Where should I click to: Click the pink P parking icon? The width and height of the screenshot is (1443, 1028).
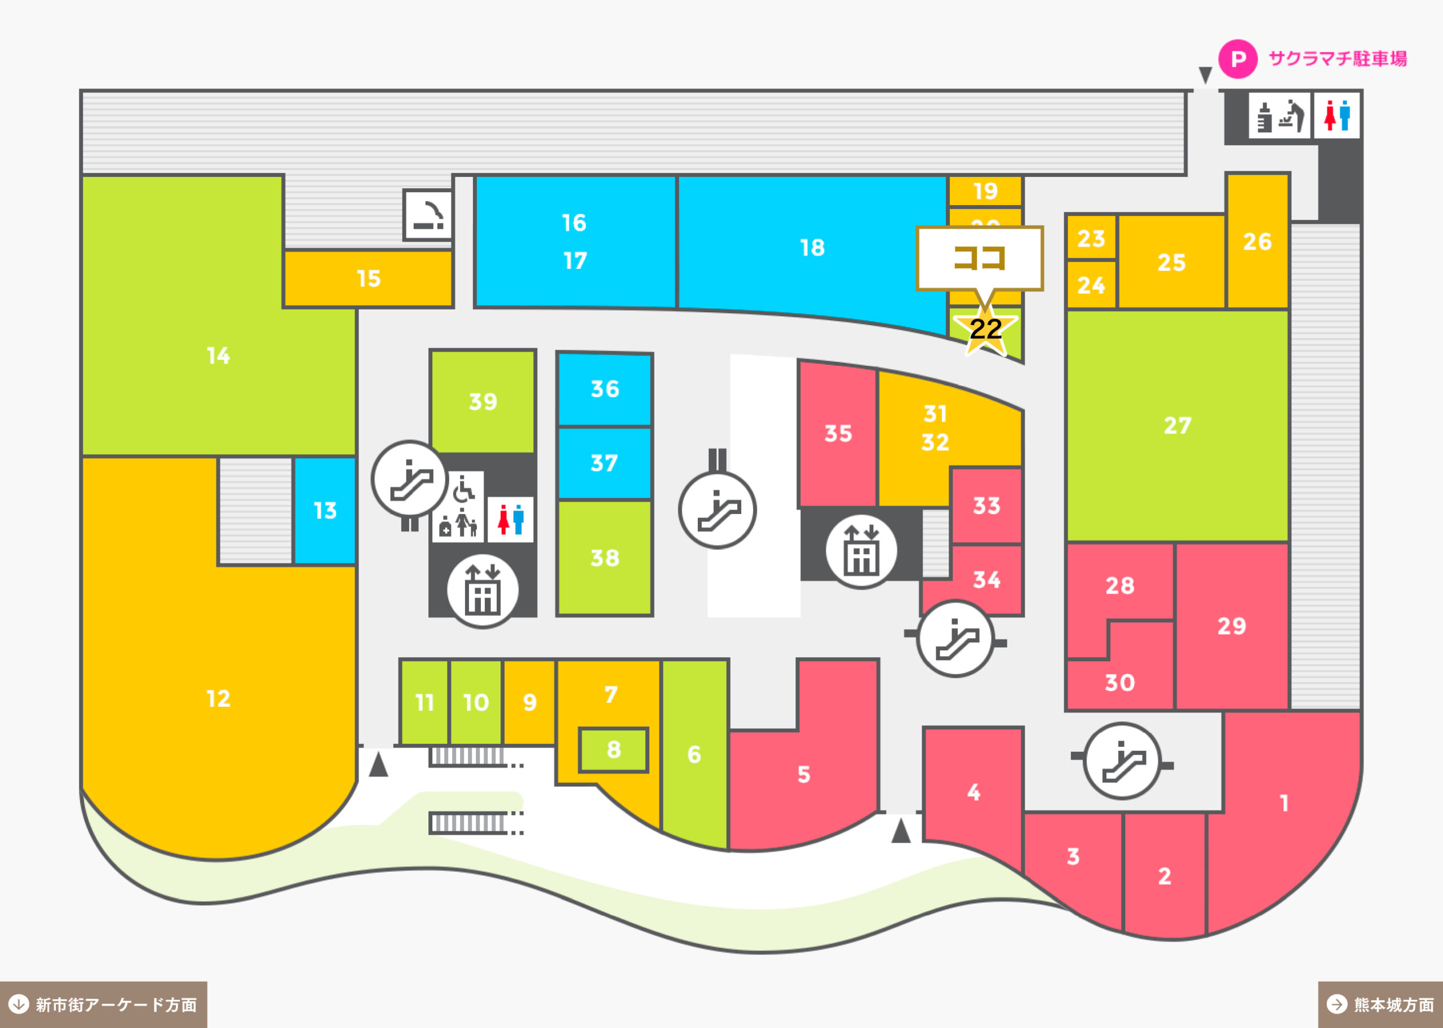pyautogui.click(x=1237, y=59)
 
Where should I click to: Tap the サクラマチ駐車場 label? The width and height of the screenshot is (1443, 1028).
pyautogui.click(x=1337, y=59)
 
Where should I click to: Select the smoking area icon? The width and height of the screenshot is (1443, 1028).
pyautogui.click(x=428, y=215)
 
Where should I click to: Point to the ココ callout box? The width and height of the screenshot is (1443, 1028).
pyautogui.click(x=979, y=258)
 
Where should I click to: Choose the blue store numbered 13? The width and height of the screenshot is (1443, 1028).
pyautogui.click(x=325, y=510)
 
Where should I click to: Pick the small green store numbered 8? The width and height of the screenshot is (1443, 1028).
pyautogui.click(x=613, y=750)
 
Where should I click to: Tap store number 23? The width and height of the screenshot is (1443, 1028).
pyautogui.click(x=1091, y=238)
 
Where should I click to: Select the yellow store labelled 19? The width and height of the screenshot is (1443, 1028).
pyautogui.click(x=985, y=191)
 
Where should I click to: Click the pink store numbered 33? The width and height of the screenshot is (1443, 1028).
pyautogui.click(x=986, y=506)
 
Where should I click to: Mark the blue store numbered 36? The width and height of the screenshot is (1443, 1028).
pyautogui.click(x=604, y=389)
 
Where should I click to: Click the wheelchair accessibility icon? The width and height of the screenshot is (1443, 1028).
pyautogui.click(x=464, y=489)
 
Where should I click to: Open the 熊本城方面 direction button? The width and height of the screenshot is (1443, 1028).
pyautogui.click(x=1380, y=1004)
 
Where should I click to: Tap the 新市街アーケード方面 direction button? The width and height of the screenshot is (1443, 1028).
pyautogui.click(x=103, y=1004)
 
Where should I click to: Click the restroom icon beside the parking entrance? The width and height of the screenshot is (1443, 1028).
pyautogui.click(x=1336, y=115)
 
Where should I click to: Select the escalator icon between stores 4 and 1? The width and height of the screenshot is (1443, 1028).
pyautogui.click(x=1122, y=761)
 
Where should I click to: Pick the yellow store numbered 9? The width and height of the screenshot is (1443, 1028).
pyautogui.click(x=529, y=702)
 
